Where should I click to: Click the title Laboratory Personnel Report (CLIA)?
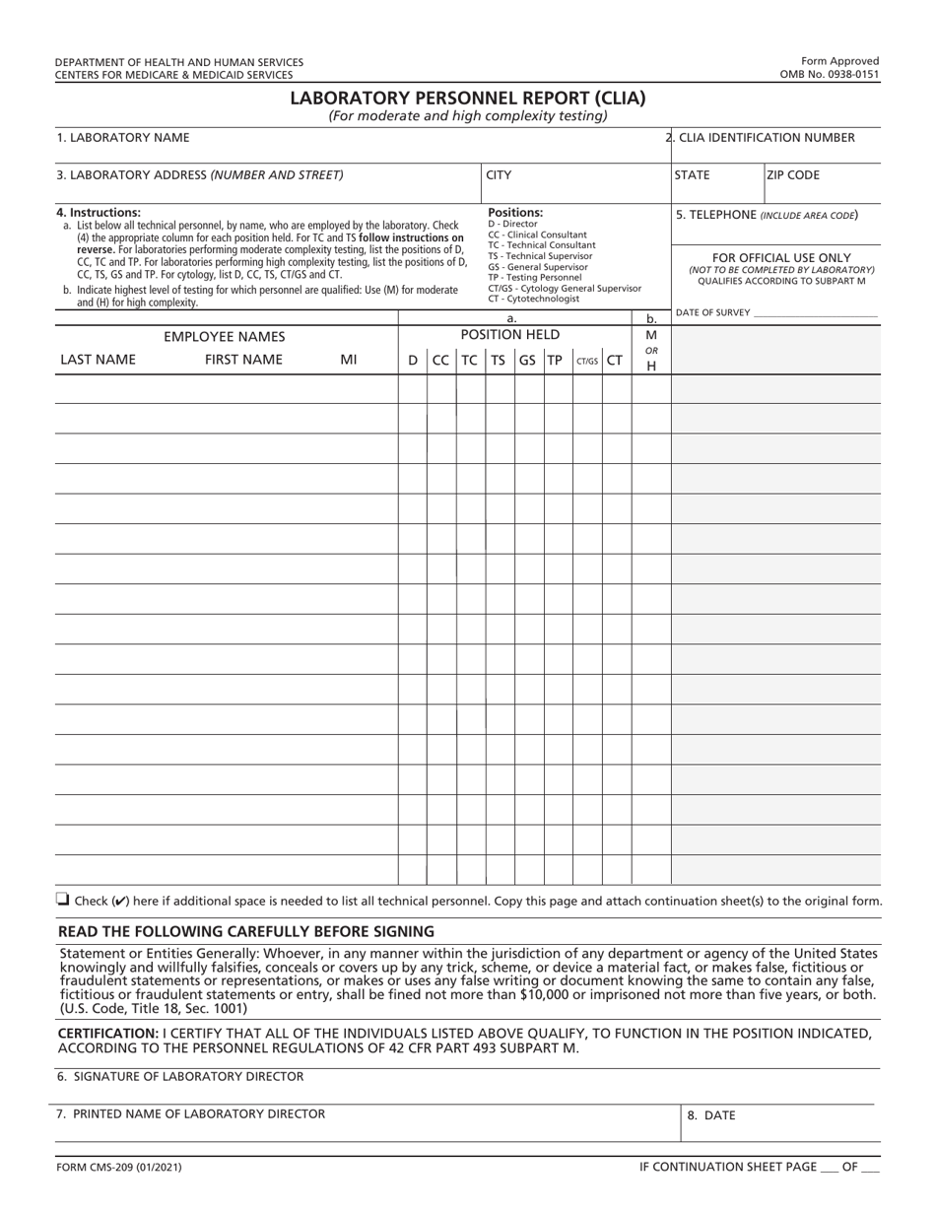468,98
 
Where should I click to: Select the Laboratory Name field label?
123,138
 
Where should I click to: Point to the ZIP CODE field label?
793,175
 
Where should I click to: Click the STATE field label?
693,175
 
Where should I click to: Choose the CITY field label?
500,175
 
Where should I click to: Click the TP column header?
556,361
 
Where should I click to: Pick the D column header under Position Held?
413,361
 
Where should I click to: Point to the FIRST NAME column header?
243,360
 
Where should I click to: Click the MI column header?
348,360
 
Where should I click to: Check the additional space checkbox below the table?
63,899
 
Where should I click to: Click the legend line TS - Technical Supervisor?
540,256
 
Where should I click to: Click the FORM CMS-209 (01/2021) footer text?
118,1167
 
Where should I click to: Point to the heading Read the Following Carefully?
246,931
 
